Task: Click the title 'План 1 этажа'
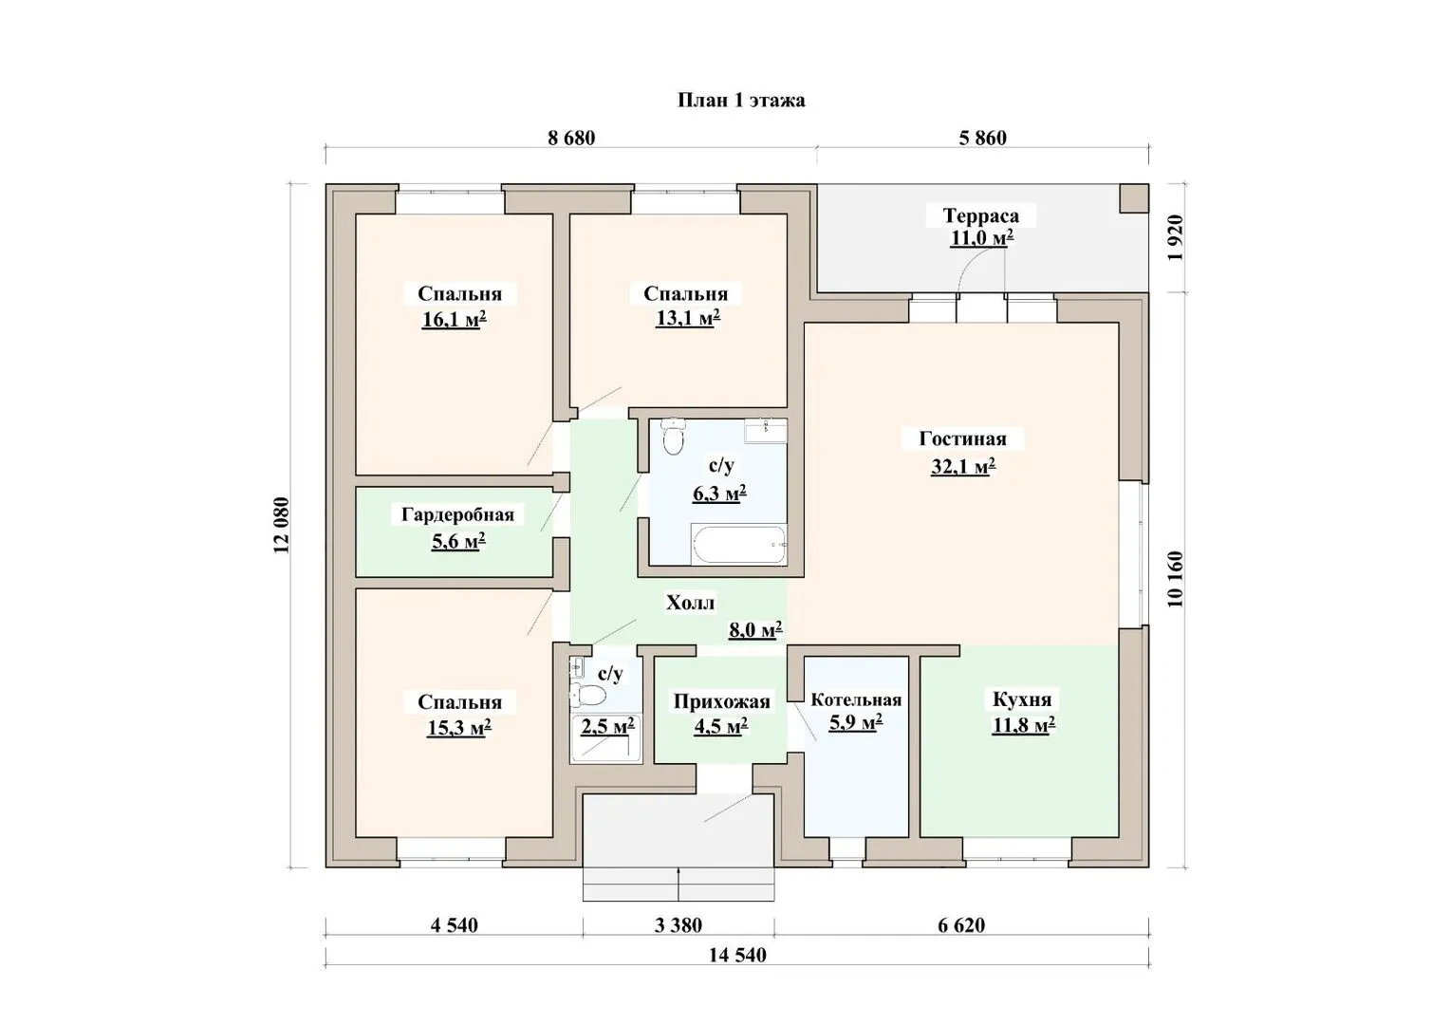pyautogui.click(x=741, y=101)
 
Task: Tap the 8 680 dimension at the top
pyautogui.click(x=571, y=138)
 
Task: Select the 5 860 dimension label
pyautogui.click(x=982, y=138)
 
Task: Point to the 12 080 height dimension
pyautogui.click(x=281, y=525)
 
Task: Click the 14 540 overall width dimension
pyautogui.click(x=737, y=955)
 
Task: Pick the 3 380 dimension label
pyautogui.click(x=678, y=925)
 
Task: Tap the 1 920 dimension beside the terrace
pyautogui.click(x=1176, y=237)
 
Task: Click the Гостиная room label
pyautogui.click(x=962, y=439)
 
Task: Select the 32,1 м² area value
pyautogui.click(x=962, y=466)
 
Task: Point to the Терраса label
pyautogui.click(x=980, y=215)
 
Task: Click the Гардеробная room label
pyautogui.click(x=457, y=514)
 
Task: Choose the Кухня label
pyautogui.click(x=1022, y=699)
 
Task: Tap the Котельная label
pyautogui.click(x=856, y=700)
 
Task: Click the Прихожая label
pyautogui.click(x=722, y=702)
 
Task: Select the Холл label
pyautogui.click(x=691, y=604)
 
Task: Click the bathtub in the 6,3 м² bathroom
pyautogui.click(x=739, y=545)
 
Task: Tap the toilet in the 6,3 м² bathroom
pyautogui.click(x=673, y=437)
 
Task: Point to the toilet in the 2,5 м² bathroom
pyautogui.click(x=588, y=696)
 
